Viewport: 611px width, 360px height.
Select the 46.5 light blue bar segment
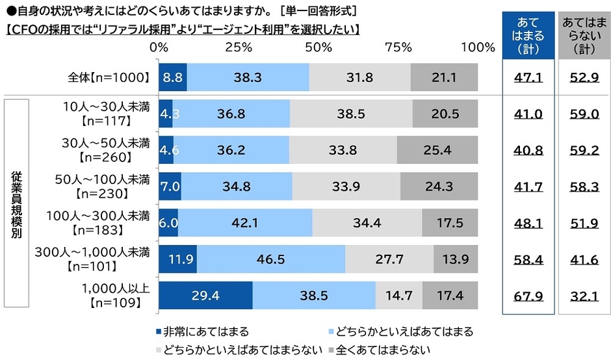(x=270, y=259)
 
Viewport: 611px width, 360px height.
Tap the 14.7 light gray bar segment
(x=398, y=295)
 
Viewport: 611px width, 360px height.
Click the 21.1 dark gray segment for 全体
(x=445, y=77)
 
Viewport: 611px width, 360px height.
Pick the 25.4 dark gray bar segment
(x=437, y=150)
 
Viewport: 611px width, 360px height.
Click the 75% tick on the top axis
(x=398, y=47)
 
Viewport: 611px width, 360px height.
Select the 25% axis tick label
(x=239, y=47)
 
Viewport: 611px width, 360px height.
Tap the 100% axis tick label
(x=477, y=47)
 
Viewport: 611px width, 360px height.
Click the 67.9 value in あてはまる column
(x=527, y=295)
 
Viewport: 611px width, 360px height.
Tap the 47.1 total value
(x=527, y=77)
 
